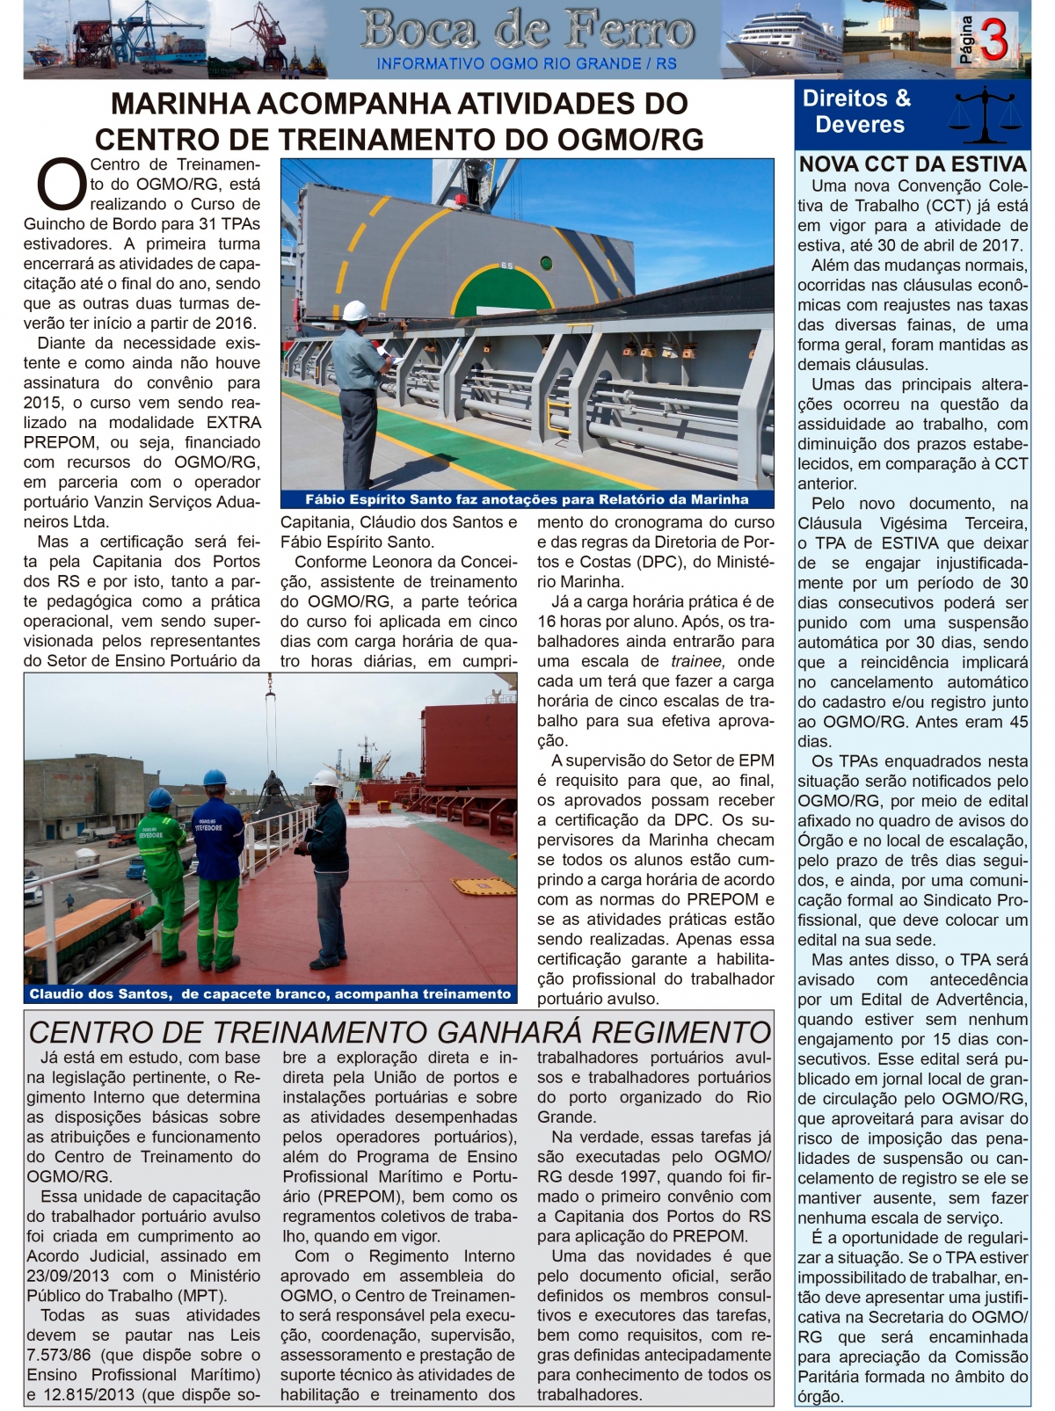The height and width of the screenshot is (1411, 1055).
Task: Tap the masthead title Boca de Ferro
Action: pyautogui.click(x=527, y=31)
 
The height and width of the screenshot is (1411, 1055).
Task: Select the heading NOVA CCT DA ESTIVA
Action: pyautogui.click(x=913, y=164)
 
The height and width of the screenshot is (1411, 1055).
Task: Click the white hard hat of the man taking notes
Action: pyautogui.click(x=355, y=310)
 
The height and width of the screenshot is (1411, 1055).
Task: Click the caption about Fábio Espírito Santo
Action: pyautogui.click(x=527, y=499)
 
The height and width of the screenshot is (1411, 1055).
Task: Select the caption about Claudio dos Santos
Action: pyautogui.click(x=270, y=993)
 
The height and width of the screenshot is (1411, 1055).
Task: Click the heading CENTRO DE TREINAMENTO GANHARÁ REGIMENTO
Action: pyautogui.click(x=400, y=1031)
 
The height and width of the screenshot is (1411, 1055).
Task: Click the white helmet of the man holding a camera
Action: pyautogui.click(x=324, y=778)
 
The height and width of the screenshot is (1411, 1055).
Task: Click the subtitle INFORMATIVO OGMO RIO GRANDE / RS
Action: pyautogui.click(x=527, y=63)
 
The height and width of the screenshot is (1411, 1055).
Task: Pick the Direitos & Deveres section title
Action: pyautogui.click(x=857, y=112)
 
